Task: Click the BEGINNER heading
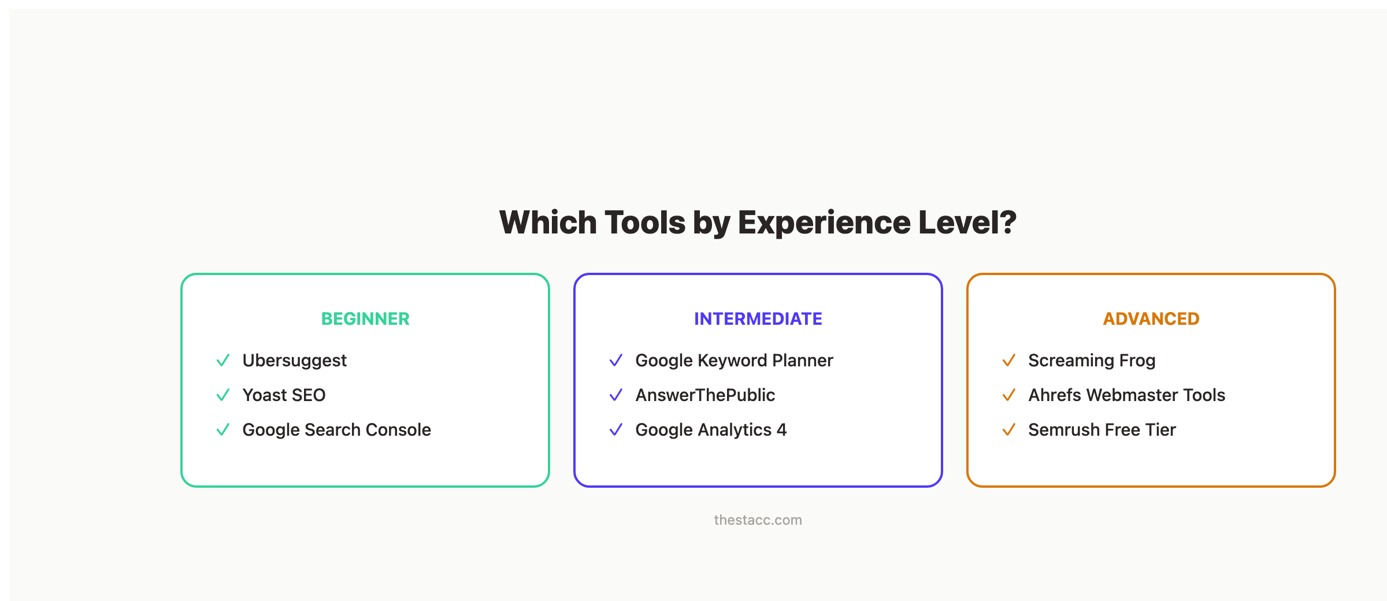point(365,319)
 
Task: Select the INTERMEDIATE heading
point(758,319)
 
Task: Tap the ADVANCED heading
point(1151,319)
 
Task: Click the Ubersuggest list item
point(294,361)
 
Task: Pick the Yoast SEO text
point(284,395)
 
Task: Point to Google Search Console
point(336,430)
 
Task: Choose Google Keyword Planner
point(734,361)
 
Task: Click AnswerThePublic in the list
point(705,395)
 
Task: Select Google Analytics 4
point(711,430)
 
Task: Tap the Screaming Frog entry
point(1092,361)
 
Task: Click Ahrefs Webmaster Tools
point(1126,395)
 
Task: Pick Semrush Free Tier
point(1102,430)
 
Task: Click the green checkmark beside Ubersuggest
point(223,361)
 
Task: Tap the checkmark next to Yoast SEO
point(223,395)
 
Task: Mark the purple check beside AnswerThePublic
point(616,395)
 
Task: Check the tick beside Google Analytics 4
point(616,430)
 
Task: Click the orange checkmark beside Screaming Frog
point(1009,361)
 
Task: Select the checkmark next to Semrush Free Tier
point(1009,430)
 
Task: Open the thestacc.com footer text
point(758,520)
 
